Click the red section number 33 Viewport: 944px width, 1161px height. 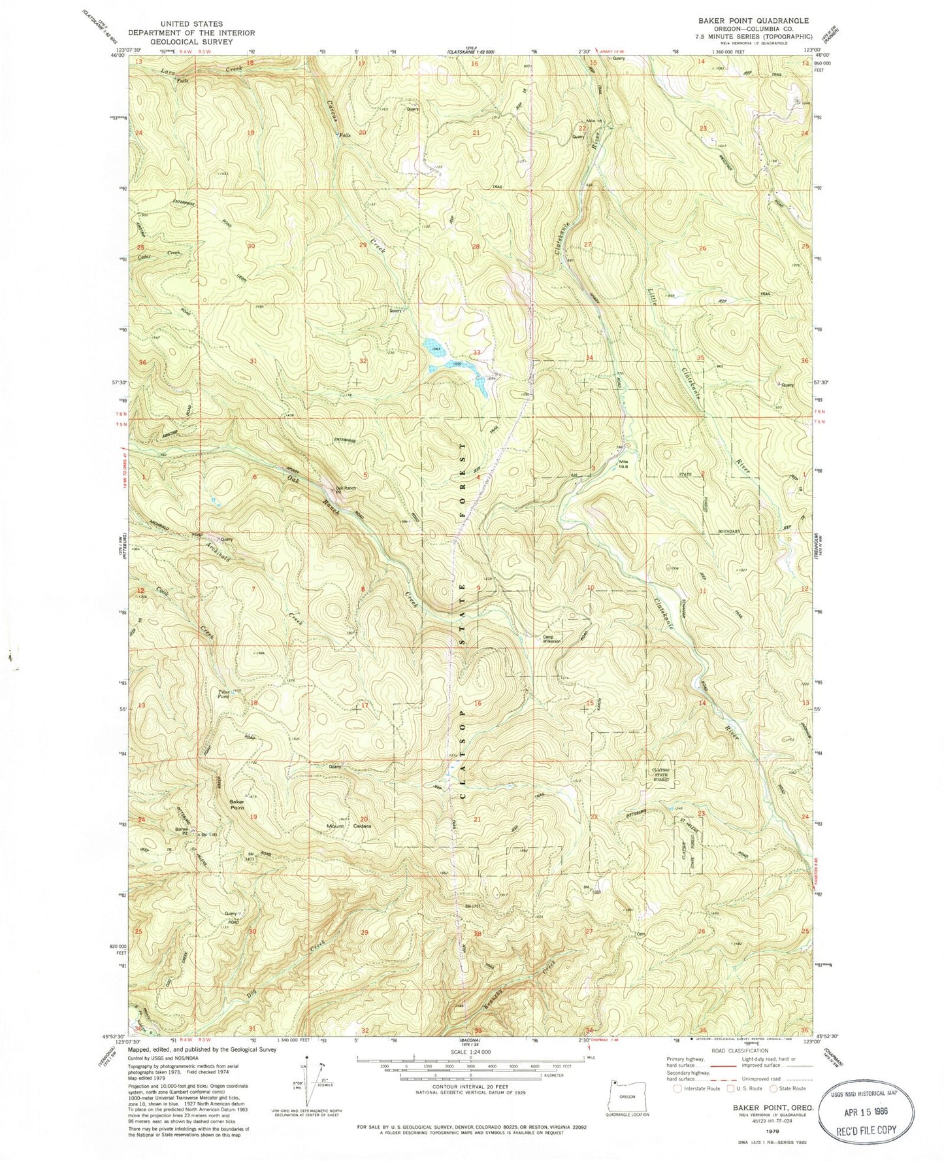click(x=477, y=352)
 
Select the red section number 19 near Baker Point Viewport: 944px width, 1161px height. click(x=253, y=817)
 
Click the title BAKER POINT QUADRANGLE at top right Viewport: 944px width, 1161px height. click(x=743, y=21)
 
